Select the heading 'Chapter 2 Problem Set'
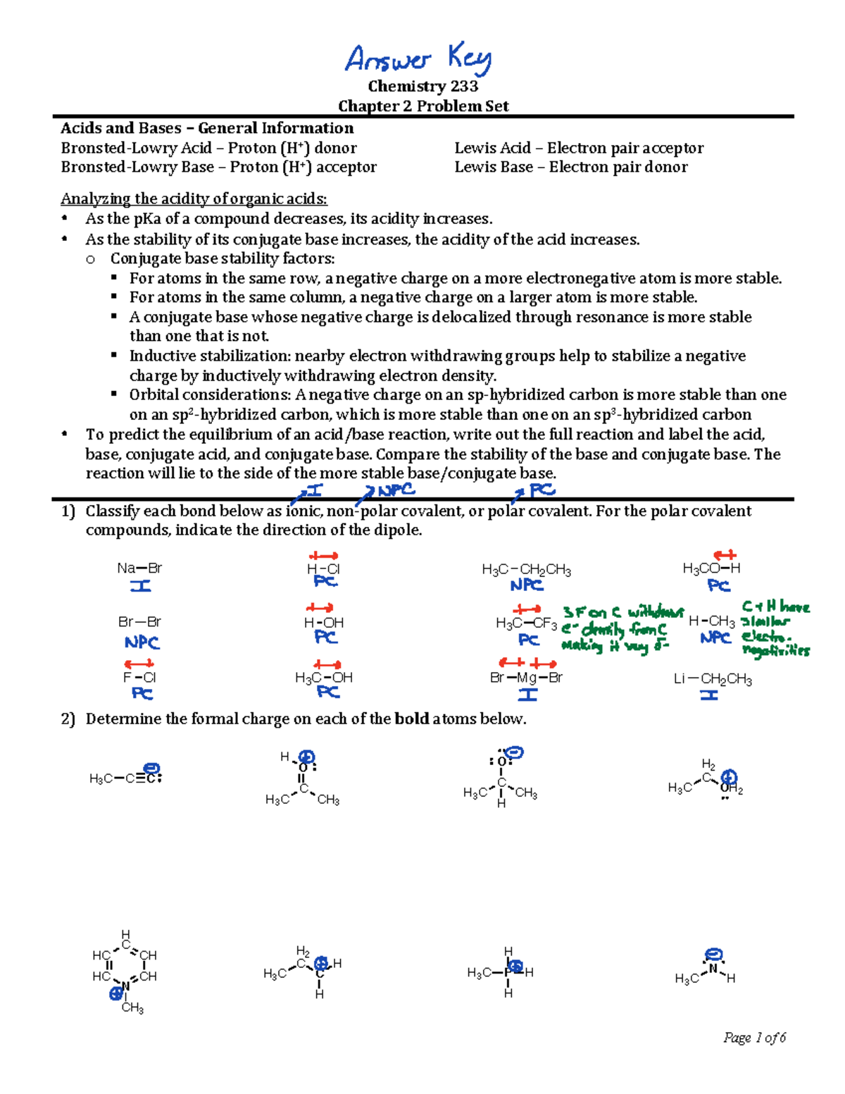coord(423,106)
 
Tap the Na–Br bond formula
coord(139,568)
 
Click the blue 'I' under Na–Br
coord(140,586)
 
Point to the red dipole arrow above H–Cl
coord(323,556)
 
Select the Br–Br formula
coord(139,622)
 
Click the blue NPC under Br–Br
coord(142,642)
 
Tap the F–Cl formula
coord(139,678)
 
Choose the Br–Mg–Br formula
coord(526,678)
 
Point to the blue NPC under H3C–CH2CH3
coord(527,585)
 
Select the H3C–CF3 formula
coord(526,623)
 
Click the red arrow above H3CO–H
coord(725,555)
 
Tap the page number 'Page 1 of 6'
coord(754,1038)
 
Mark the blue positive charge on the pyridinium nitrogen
coord(116,994)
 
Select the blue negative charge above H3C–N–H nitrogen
coord(714,955)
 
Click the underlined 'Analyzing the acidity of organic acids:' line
coord(194,199)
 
